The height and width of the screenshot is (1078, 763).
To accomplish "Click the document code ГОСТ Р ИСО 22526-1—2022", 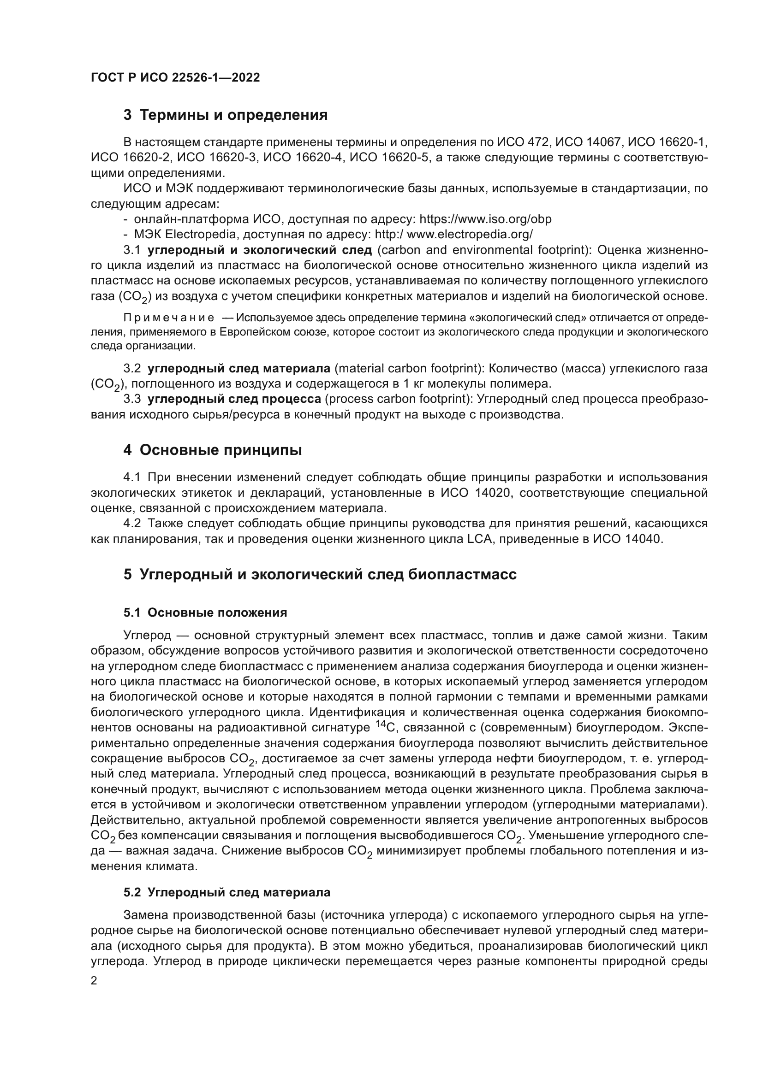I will (x=175, y=78).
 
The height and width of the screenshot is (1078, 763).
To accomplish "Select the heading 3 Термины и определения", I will (x=226, y=115).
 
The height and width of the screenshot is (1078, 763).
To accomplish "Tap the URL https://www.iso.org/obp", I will (x=485, y=219).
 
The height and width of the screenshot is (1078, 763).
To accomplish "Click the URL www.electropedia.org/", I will (x=469, y=234).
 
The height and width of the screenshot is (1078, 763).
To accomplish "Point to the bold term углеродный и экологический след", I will (x=259, y=250).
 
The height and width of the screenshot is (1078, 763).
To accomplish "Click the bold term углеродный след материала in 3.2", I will (x=238, y=369).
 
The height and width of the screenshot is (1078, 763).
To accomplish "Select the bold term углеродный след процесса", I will (x=234, y=399).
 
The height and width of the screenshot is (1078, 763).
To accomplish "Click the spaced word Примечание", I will (x=169, y=318).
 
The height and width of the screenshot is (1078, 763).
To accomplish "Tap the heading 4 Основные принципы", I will (x=212, y=450).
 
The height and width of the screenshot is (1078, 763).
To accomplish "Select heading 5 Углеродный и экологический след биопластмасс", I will (x=320, y=574).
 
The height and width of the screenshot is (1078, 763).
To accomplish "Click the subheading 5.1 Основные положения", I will (x=205, y=613).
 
